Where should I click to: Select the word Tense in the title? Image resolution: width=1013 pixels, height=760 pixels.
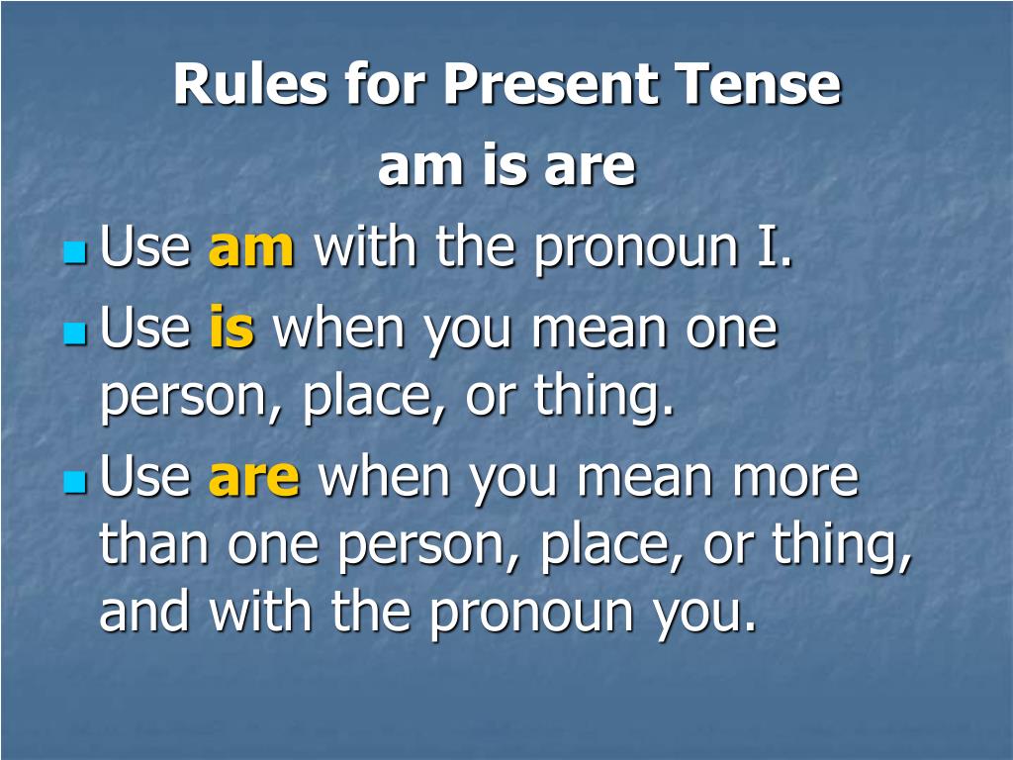[758, 85]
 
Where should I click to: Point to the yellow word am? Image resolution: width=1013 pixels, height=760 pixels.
[251, 249]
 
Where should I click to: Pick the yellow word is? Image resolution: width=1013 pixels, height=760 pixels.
[231, 330]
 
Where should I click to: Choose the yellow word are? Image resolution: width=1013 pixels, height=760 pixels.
[253, 478]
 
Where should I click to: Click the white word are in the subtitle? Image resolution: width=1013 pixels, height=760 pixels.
[589, 168]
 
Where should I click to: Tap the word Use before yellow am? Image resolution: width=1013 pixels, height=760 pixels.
[145, 247]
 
